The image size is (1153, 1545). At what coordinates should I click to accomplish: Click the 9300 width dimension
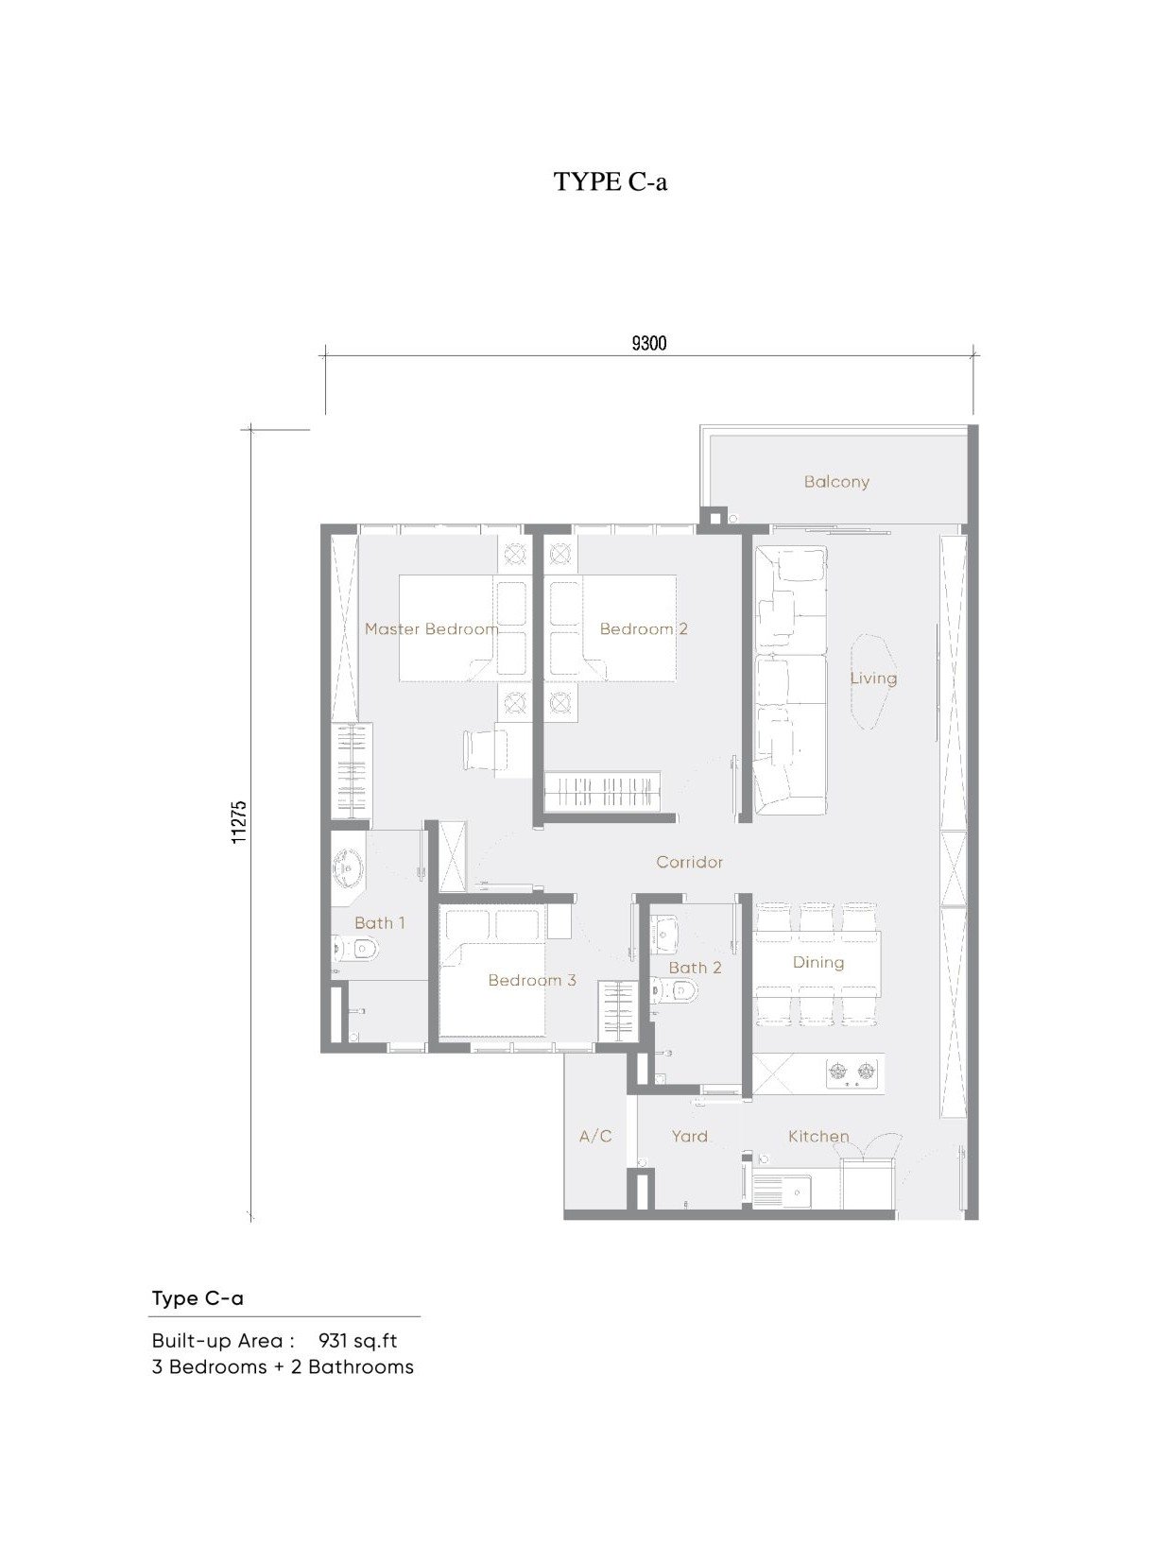tap(649, 343)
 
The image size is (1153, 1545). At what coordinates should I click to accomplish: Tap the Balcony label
tap(836, 482)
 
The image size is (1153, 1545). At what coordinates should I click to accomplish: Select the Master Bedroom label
tap(431, 629)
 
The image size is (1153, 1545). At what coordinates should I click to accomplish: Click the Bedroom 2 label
tap(644, 629)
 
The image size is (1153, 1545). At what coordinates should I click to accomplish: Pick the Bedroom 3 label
tap(532, 981)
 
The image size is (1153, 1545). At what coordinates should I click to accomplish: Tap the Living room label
tap(873, 678)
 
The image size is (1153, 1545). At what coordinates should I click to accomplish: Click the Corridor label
tap(689, 863)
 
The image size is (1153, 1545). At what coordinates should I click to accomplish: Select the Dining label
tap(818, 963)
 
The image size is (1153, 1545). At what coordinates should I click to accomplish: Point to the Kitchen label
tap(818, 1137)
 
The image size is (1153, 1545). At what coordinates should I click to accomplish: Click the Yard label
tap(689, 1137)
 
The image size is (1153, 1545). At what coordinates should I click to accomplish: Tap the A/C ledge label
tap(595, 1137)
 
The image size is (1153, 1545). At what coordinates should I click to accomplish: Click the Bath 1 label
tap(380, 923)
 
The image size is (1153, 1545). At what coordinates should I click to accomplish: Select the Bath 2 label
tap(695, 968)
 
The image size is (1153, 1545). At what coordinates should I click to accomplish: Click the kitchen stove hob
tap(852, 1072)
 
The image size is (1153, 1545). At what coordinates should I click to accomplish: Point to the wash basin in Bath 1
tap(349, 867)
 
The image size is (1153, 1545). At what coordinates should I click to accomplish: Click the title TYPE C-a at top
tap(611, 181)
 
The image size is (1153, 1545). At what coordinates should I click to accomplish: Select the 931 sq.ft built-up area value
tap(357, 1341)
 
